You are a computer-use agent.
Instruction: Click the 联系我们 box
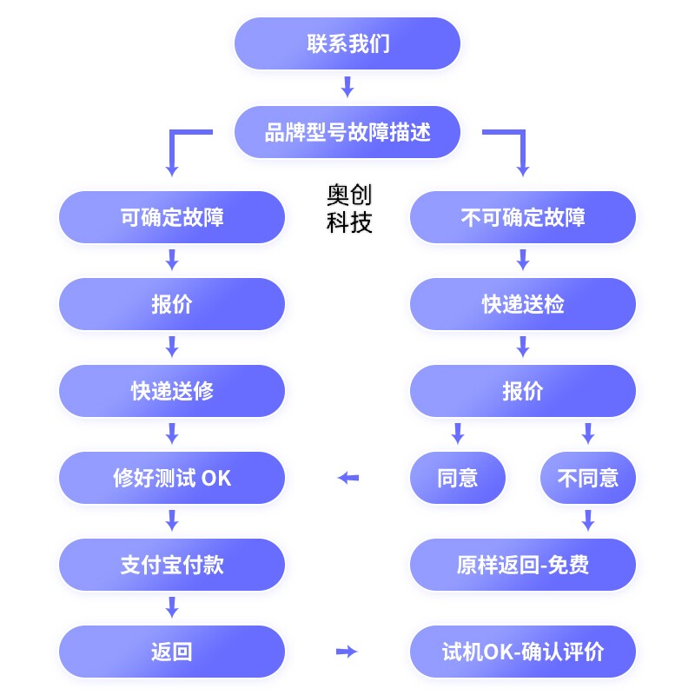[x=347, y=43]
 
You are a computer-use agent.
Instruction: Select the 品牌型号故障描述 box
[x=347, y=132]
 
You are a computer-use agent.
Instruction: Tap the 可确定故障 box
[x=172, y=217]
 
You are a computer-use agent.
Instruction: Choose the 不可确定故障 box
[x=523, y=217]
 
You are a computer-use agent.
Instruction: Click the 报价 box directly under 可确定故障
[x=172, y=304]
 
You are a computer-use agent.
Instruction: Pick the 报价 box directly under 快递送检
[x=523, y=391]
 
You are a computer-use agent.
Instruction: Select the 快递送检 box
[x=523, y=304]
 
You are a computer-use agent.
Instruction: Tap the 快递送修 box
[x=172, y=391]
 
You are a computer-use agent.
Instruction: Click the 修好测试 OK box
[x=172, y=478]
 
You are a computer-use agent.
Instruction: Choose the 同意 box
[x=458, y=478]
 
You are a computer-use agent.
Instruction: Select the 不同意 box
[x=588, y=478]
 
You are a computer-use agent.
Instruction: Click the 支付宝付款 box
[x=172, y=565]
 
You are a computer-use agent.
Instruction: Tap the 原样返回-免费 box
[x=523, y=565]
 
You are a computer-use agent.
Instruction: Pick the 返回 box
[x=172, y=652]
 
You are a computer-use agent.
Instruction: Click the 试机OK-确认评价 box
[x=523, y=652]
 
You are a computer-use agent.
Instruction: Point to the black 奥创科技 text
[x=349, y=208]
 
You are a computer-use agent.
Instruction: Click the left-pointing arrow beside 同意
[x=348, y=478]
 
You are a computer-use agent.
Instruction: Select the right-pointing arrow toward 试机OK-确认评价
[x=347, y=652]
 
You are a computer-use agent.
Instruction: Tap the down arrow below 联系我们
[x=347, y=87]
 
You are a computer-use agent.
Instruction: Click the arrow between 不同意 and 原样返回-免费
[x=588, y=520]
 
